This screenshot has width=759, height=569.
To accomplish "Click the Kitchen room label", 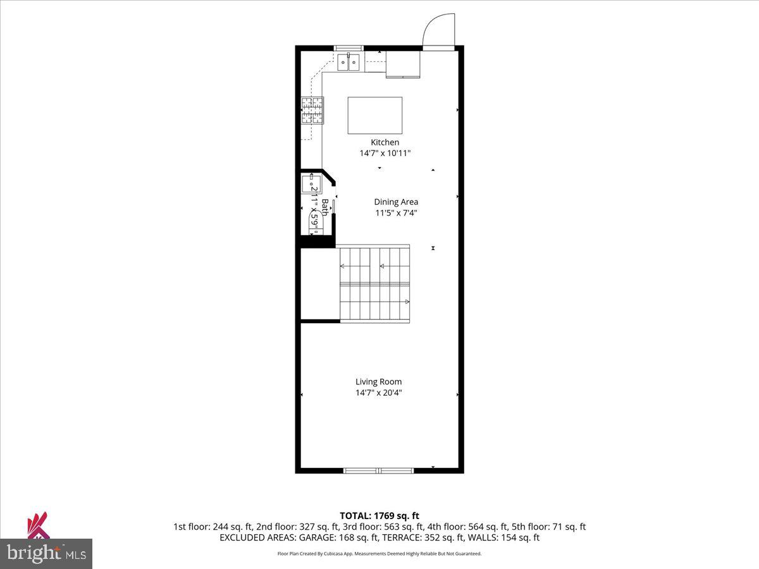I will click(x=385, y=142).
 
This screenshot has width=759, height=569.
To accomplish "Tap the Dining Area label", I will click(x=396, y=202).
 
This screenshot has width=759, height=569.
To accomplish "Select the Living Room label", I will click(x=378, y=381).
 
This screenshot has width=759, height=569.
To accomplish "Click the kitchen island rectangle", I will click(x=375, y=115).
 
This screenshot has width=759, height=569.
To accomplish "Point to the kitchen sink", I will click(x=349, y=62).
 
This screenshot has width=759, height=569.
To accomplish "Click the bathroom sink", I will click(x=311, y=184).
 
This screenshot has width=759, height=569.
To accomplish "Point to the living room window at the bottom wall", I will click(x=378, y=470).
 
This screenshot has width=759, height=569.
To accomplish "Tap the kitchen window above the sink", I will click(x=349, y=47).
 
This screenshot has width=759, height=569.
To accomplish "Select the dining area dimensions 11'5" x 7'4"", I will click(x=396, y=213).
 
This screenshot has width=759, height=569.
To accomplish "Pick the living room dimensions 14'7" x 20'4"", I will click(x=378, y=393).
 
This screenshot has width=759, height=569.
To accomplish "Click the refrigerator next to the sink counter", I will click(x=403, y=64).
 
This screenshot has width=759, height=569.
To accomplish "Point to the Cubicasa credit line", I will click(x=379, y=554).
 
